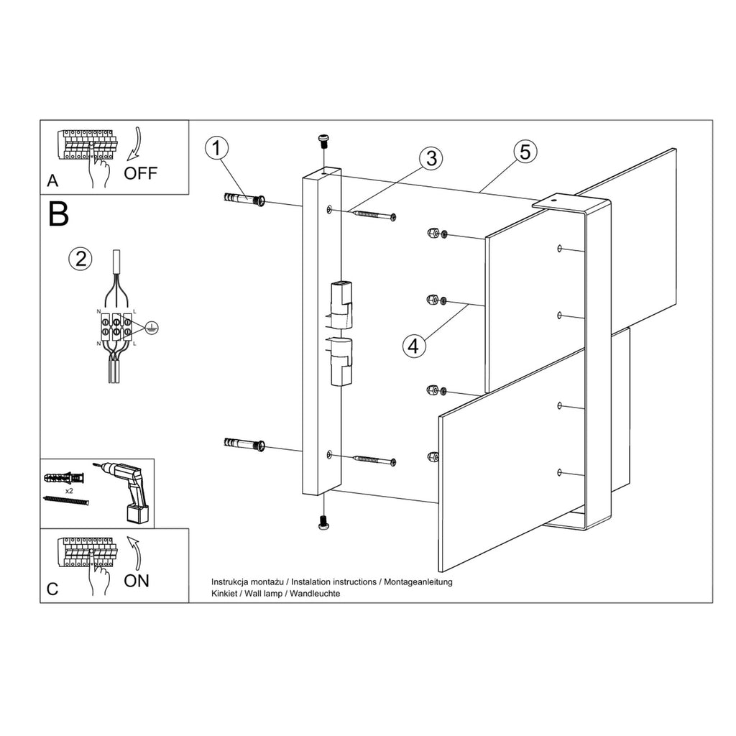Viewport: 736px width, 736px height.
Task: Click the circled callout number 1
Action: click(x=216, y=148)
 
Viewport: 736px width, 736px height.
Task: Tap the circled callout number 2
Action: click(x=80, y=259)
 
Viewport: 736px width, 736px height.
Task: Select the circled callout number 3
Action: click(x=431, y=158)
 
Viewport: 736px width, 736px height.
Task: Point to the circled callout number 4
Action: click(x=413, y=346)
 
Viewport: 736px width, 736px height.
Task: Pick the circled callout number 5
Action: click(x=525, y=152)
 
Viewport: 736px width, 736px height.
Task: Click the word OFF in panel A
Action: click(x=140, y=173)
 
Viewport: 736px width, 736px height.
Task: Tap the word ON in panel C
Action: click(x=136, y=581)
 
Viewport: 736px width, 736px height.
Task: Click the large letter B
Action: click(x=59, y=214)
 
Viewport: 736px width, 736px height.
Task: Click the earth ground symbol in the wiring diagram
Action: click(x=151, y=328)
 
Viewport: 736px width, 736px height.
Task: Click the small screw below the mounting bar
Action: click(x=323, y=523)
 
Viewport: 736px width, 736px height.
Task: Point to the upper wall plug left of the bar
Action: click(x=244, y=199)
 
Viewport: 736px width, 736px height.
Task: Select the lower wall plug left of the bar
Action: click(x=244, y=443)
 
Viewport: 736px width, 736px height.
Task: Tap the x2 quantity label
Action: click(x=69, y=490)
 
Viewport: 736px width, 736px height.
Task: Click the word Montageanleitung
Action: click(x=418, y=581)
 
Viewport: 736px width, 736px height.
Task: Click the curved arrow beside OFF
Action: click(x=134, y=141)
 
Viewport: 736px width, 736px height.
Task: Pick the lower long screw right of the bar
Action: click(x=374, y=460)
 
